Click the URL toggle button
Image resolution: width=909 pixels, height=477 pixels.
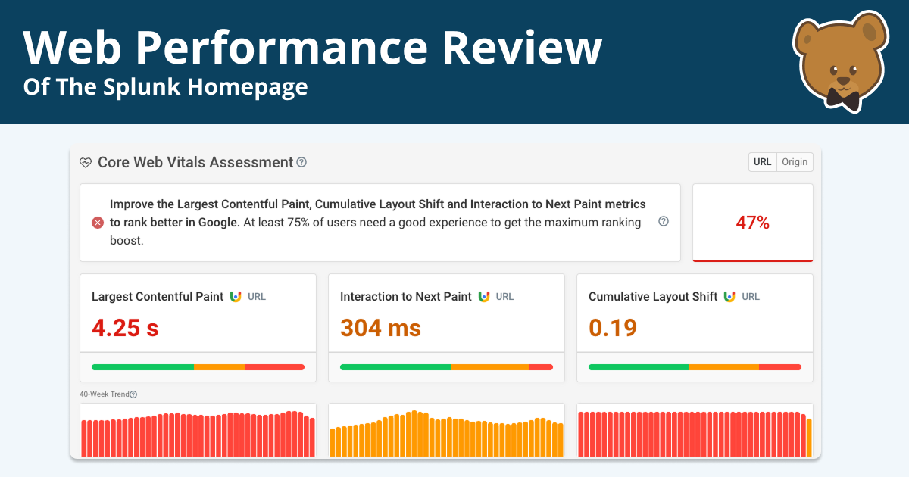pos(762,162)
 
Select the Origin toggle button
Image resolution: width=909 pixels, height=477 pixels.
pos(795,162)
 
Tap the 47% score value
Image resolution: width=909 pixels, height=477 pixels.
pos(752,223)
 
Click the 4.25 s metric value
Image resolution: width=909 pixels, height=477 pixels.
pos(125,328)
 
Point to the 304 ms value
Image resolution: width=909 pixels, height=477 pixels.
pos(380,328)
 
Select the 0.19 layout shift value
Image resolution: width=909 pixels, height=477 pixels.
pos(612,328)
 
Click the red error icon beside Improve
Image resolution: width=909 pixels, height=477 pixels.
pos(98,223)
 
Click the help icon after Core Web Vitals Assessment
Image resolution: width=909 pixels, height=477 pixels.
pos(301,162)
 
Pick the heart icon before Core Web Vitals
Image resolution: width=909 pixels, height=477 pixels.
pos(86,163)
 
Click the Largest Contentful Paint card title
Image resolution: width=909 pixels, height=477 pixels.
pos(158,297)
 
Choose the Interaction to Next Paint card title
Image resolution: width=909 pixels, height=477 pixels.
pos(405,297)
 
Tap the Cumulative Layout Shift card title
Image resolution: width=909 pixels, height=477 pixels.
pos(652,297)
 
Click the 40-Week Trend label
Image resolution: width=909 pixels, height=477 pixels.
pos(104,394)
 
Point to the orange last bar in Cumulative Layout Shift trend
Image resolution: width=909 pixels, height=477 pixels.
pos(808,438)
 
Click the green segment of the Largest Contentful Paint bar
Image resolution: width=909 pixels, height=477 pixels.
pos(142,367)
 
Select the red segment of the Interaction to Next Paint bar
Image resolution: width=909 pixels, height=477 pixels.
pos(540,367)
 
